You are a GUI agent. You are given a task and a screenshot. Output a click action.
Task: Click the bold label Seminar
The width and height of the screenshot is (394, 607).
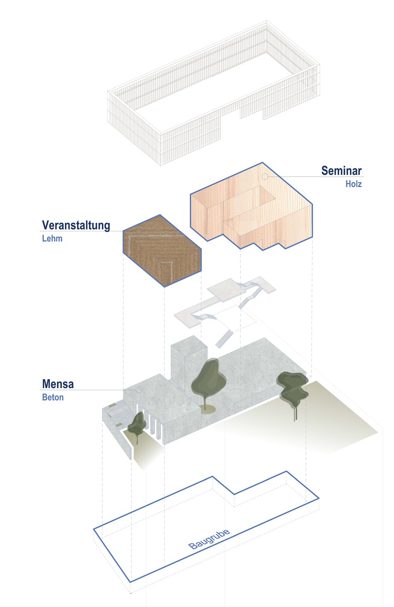point(341,171)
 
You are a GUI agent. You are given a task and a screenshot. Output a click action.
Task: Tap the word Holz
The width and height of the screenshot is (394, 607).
point(354,184)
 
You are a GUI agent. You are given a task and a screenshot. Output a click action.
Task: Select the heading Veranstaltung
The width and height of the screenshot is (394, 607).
point(76,225)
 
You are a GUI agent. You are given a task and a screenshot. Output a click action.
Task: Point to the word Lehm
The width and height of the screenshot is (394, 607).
point(52,238)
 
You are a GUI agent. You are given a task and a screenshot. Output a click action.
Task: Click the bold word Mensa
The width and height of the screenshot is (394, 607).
point(58,384)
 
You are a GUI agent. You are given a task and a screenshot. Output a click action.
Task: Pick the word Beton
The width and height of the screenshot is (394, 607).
point(53,397)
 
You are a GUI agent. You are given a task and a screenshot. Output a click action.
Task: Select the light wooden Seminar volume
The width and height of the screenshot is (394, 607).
point(252,206)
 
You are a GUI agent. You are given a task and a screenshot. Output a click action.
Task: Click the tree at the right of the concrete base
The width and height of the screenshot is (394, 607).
point(293,388)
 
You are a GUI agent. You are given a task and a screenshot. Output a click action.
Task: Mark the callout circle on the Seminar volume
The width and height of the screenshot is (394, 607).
point(265,176)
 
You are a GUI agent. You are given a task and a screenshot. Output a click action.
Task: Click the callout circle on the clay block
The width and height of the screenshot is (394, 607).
point(139,231)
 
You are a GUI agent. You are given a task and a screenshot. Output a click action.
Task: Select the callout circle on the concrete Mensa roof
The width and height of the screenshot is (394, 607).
point(139,390)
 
